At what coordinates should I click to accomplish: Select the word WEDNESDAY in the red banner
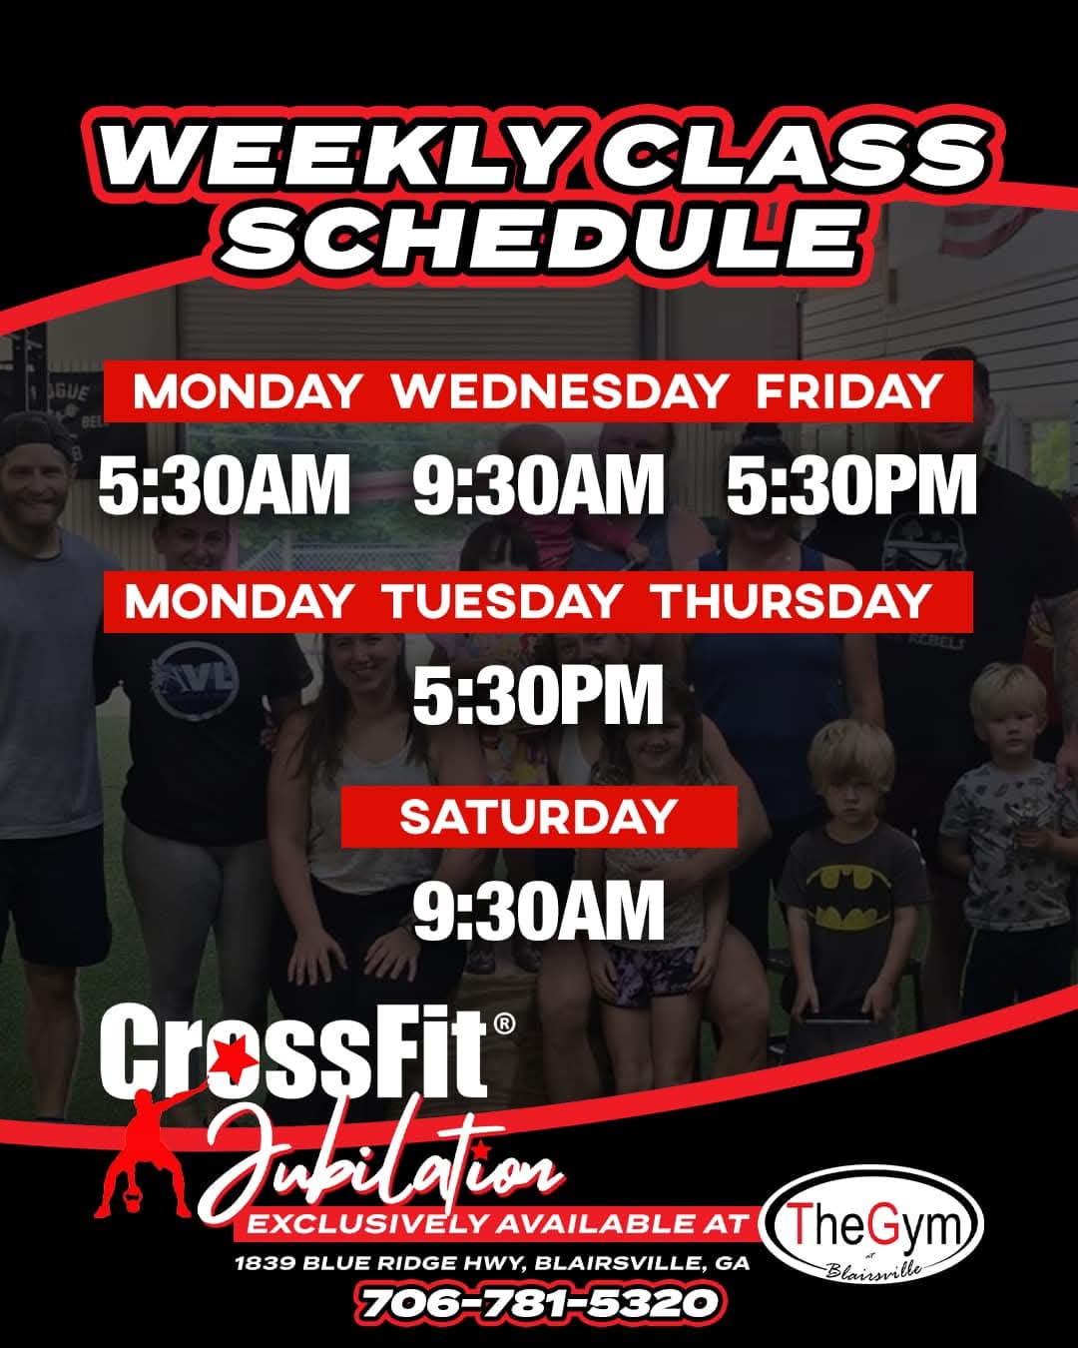(x=558, y=392)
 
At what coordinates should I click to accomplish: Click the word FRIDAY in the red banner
(x=848, y=392)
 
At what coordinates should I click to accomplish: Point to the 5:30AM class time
(x=225, y=484)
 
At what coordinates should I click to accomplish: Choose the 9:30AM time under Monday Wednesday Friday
(x=539, y=484)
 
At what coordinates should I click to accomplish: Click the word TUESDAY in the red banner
(x=504, y=601)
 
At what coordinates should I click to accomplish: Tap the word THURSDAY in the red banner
(x=792, y=601)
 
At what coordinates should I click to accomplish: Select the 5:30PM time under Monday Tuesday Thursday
(x=538, y=694)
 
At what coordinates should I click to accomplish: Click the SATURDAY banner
(x=539, y=817)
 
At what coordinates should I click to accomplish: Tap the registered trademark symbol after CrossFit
(x=505, y=1023)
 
